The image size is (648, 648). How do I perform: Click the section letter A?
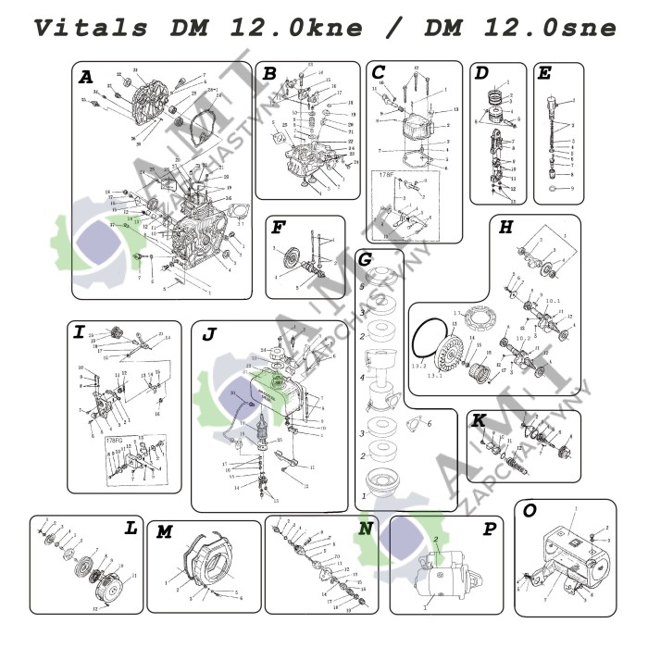86,79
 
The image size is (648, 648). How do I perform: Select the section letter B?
269,74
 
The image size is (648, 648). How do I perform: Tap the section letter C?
378,73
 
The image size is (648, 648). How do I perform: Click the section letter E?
545,74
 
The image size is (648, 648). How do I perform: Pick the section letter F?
277,228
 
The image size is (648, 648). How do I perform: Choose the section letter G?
366,261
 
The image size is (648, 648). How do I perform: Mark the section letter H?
505,228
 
